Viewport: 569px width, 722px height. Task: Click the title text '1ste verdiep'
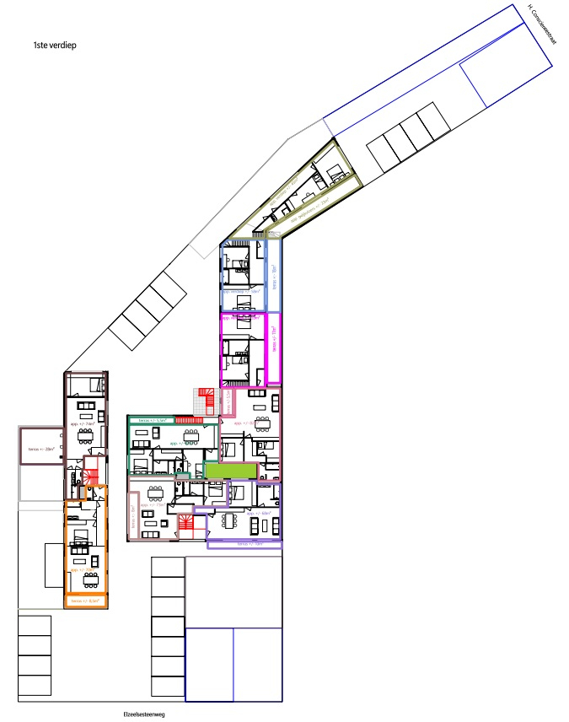point(54,47)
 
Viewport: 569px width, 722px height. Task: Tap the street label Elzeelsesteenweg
point(142,714)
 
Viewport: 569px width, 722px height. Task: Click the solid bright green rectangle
point(230,471)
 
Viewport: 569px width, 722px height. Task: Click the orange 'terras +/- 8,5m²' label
point(84,601)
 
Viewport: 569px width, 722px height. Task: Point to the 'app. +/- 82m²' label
point(248,422)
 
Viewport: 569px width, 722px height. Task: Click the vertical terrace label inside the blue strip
point(273,277)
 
